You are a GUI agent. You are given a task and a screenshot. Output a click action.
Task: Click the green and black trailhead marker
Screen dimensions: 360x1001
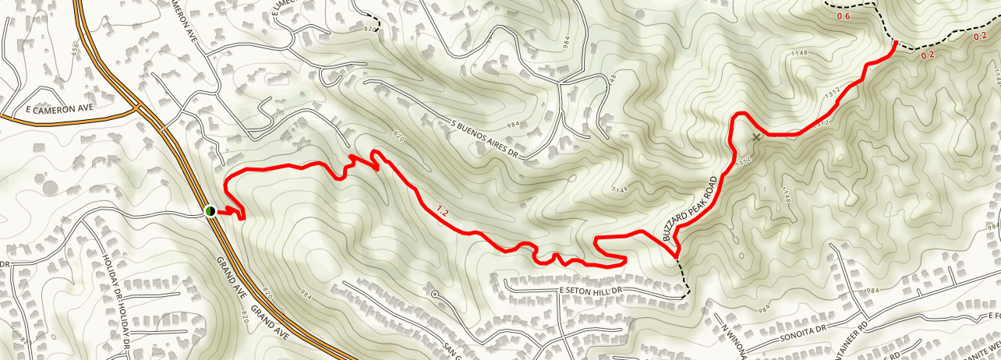tap(210, 211)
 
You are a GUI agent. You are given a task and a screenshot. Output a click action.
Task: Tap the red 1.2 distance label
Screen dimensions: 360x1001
tap(443, 210)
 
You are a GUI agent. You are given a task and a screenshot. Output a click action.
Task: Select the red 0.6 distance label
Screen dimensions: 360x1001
tap(844, 16)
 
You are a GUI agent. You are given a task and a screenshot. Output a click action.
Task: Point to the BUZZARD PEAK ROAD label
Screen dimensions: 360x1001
tap(689, 207)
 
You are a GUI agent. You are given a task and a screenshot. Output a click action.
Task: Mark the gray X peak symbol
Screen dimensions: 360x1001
tap(755, 137)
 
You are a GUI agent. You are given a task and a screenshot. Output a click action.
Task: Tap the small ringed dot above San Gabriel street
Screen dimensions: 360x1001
tap(435, 295)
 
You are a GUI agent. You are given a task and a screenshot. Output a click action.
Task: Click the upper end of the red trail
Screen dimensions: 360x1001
tap(895, 43)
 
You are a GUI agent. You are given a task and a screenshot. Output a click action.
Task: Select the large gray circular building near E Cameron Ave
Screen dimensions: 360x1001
tap(51, 187)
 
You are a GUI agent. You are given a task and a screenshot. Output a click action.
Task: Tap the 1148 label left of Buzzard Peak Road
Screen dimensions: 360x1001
tap(620, 189)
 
